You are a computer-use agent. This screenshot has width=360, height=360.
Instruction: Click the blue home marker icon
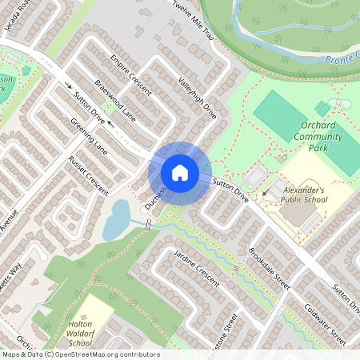point(180,173)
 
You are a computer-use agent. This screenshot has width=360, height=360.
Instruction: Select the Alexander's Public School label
point(304,196)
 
